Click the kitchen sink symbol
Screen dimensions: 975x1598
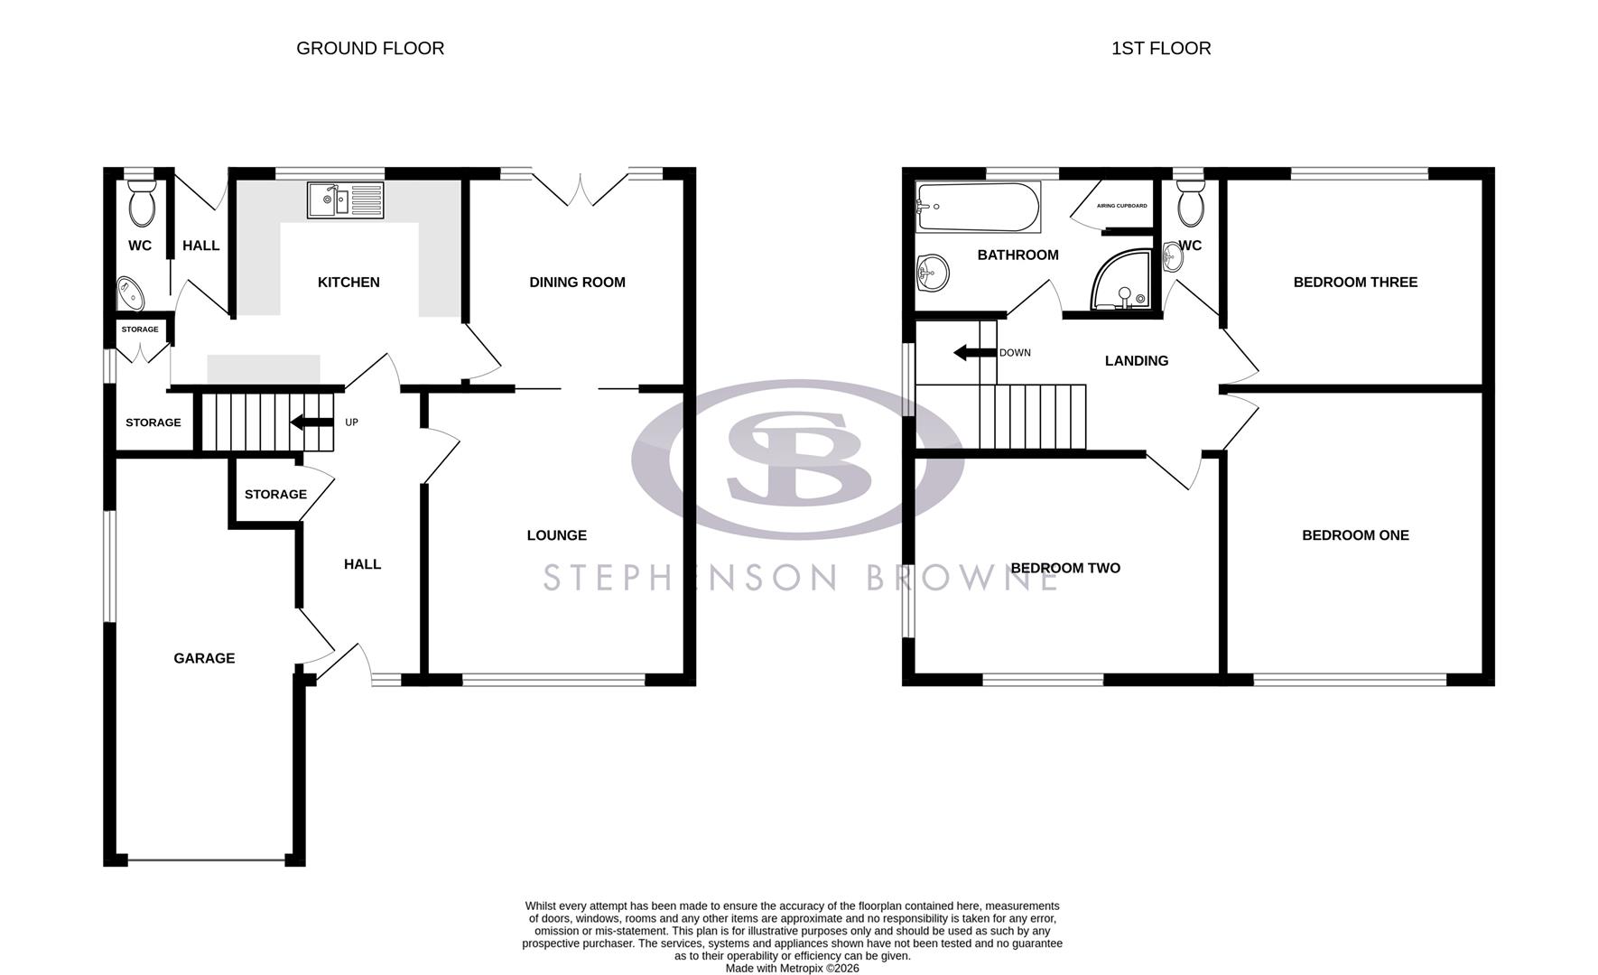pyautogui.click(x=345, y=200)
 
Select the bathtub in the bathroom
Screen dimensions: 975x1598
pyautogui.click(x=978, y=207)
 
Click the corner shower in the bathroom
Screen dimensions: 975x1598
pyautogui.click(x=1122, y=281)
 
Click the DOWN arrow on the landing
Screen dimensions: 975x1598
pyautogui.click(x=973, y=353)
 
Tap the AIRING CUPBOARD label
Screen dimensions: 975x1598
pyautogui.click(x=1122, y=206)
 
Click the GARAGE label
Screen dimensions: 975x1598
pyautogui.click(x=204, y=658)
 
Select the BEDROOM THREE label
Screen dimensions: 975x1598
pyautogui.click(x=1354, y=282)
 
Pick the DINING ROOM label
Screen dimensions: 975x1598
pyautogui.click(x=577, y=282)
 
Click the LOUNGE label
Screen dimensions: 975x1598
pyautogui.click(x=556, y=535)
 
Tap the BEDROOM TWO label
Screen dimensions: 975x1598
pyautogui.click(x=1064, y=568)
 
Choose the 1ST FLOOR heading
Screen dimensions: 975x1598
pyautogui.click(x=1160, y=49)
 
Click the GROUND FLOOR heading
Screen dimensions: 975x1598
pyautogui.click(x=370, y=49)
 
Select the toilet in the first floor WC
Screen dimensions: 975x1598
pyautogui.click(x=1192, y=204)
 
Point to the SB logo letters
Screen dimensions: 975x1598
pyautogui.click(x=798, y=459)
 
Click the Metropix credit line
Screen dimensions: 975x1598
pyautogui.click(x=792, y=969)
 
